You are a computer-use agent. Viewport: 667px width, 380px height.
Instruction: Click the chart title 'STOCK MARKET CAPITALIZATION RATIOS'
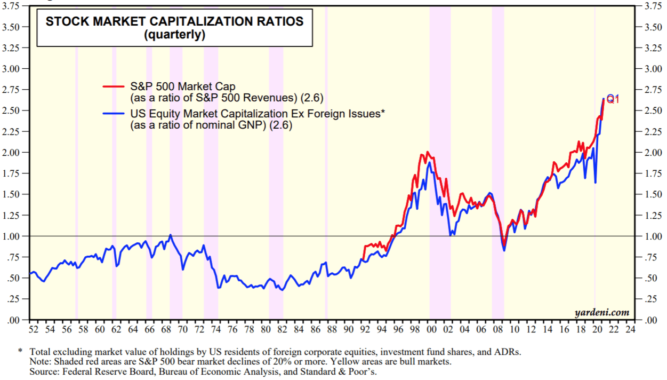[x=174, y=22]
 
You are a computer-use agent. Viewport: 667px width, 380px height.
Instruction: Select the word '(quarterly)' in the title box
[x=174, y=35]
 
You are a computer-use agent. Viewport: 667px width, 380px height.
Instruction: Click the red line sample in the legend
[x=114, y=85]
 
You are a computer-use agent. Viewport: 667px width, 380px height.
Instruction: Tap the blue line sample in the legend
[x=114, y=113]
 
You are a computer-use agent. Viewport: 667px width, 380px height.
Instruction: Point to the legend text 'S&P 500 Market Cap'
[x=183, y=86]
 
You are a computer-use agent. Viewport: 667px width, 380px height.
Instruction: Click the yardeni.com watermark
[x=602, y=312]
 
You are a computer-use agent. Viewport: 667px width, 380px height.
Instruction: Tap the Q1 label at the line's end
[x=613, y=99]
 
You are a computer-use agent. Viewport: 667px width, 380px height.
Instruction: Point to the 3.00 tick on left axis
[x=11, y=69]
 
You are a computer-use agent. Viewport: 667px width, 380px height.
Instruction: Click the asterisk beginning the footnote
[x=20, y=352]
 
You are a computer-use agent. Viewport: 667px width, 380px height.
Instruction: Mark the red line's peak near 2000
[x=427, y=152]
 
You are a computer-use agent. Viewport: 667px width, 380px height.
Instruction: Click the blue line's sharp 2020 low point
[x=595, y=183]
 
